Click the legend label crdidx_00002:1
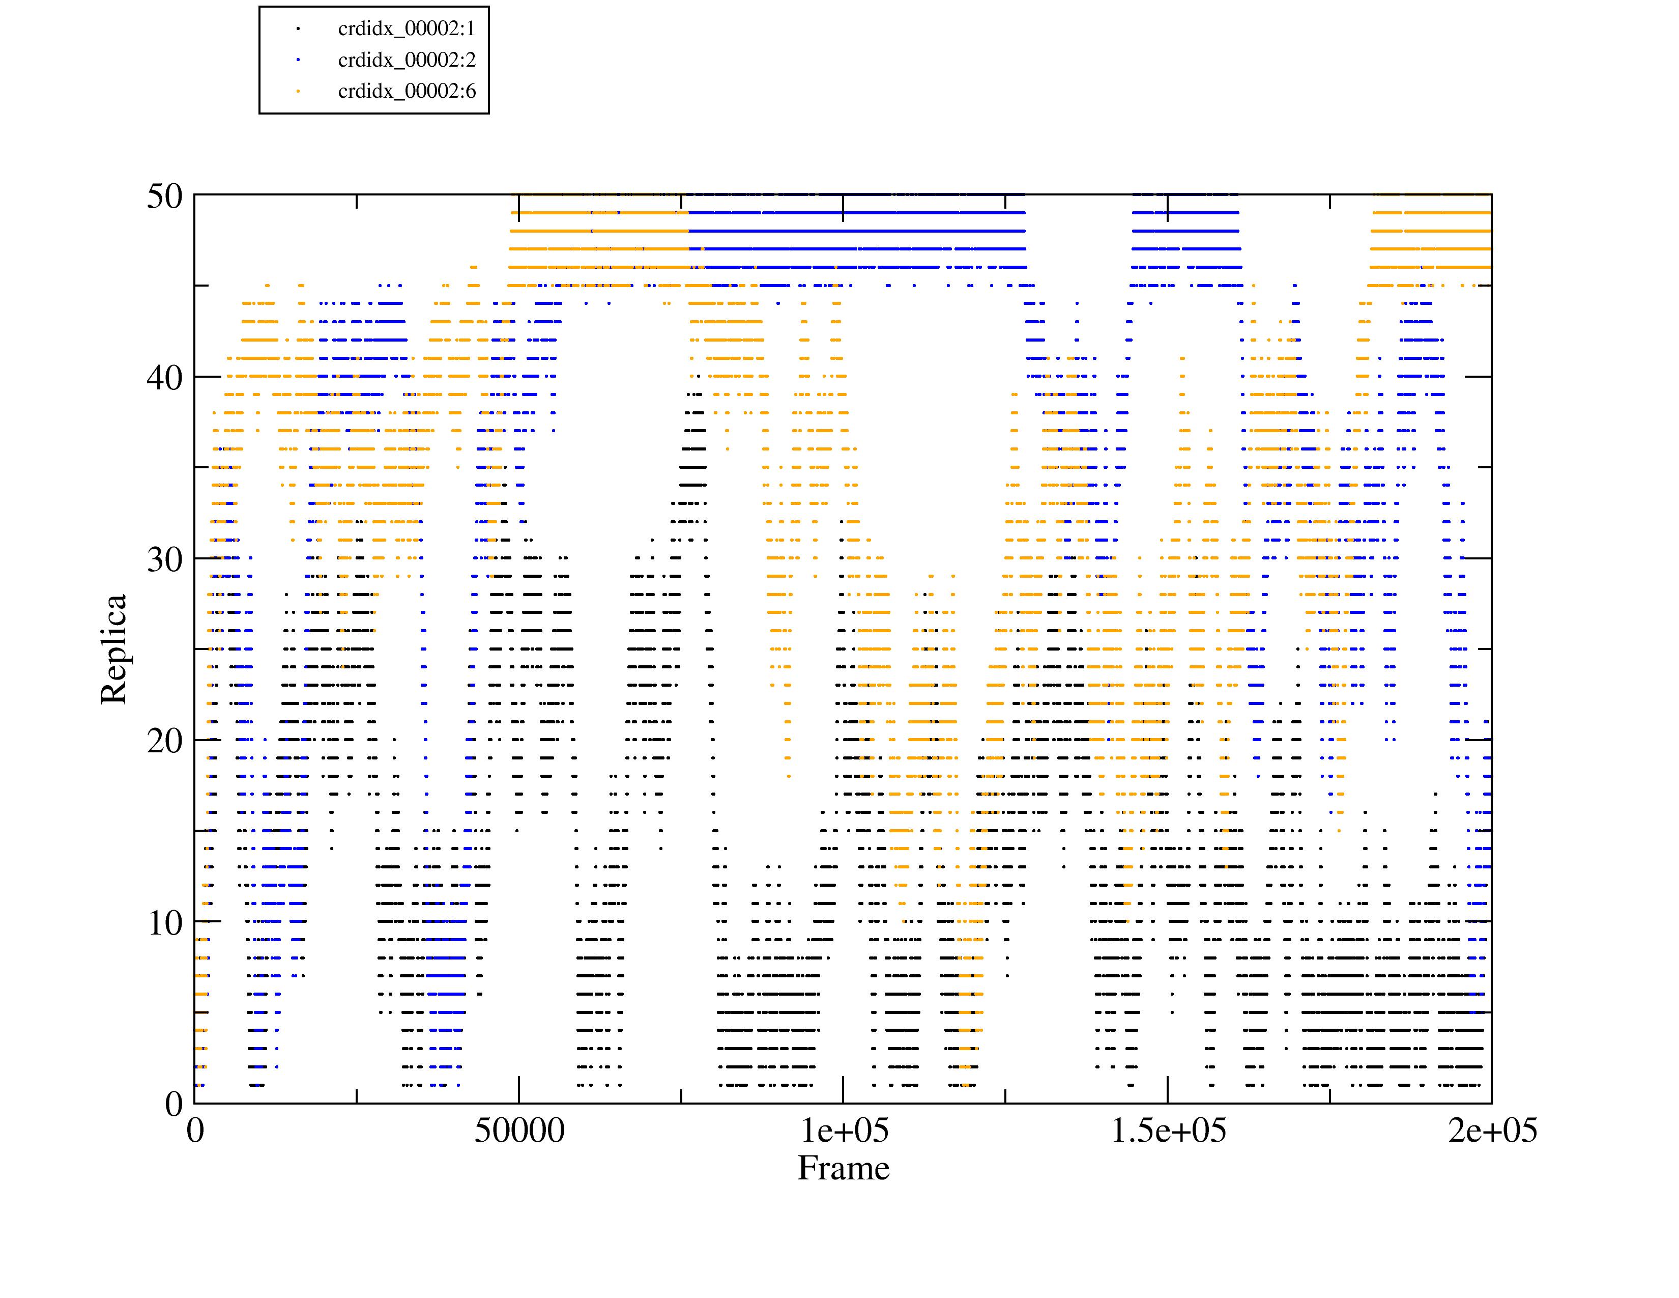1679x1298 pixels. (406, 29)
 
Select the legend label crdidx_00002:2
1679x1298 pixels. (406, 60)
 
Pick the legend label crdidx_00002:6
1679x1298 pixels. (406, 92)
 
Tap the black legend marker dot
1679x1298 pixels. (298, 29)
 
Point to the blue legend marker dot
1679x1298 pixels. (298, 60)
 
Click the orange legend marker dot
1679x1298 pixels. (298, 92)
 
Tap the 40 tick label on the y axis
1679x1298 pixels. (164, 378)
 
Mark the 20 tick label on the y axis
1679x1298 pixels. (164, 741)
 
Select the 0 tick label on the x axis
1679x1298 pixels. (195, 1131)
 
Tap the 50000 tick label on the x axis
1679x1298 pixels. (519, 1131)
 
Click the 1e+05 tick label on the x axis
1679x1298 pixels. (844, 1131)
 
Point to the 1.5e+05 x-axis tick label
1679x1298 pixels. (1168, 1131)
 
